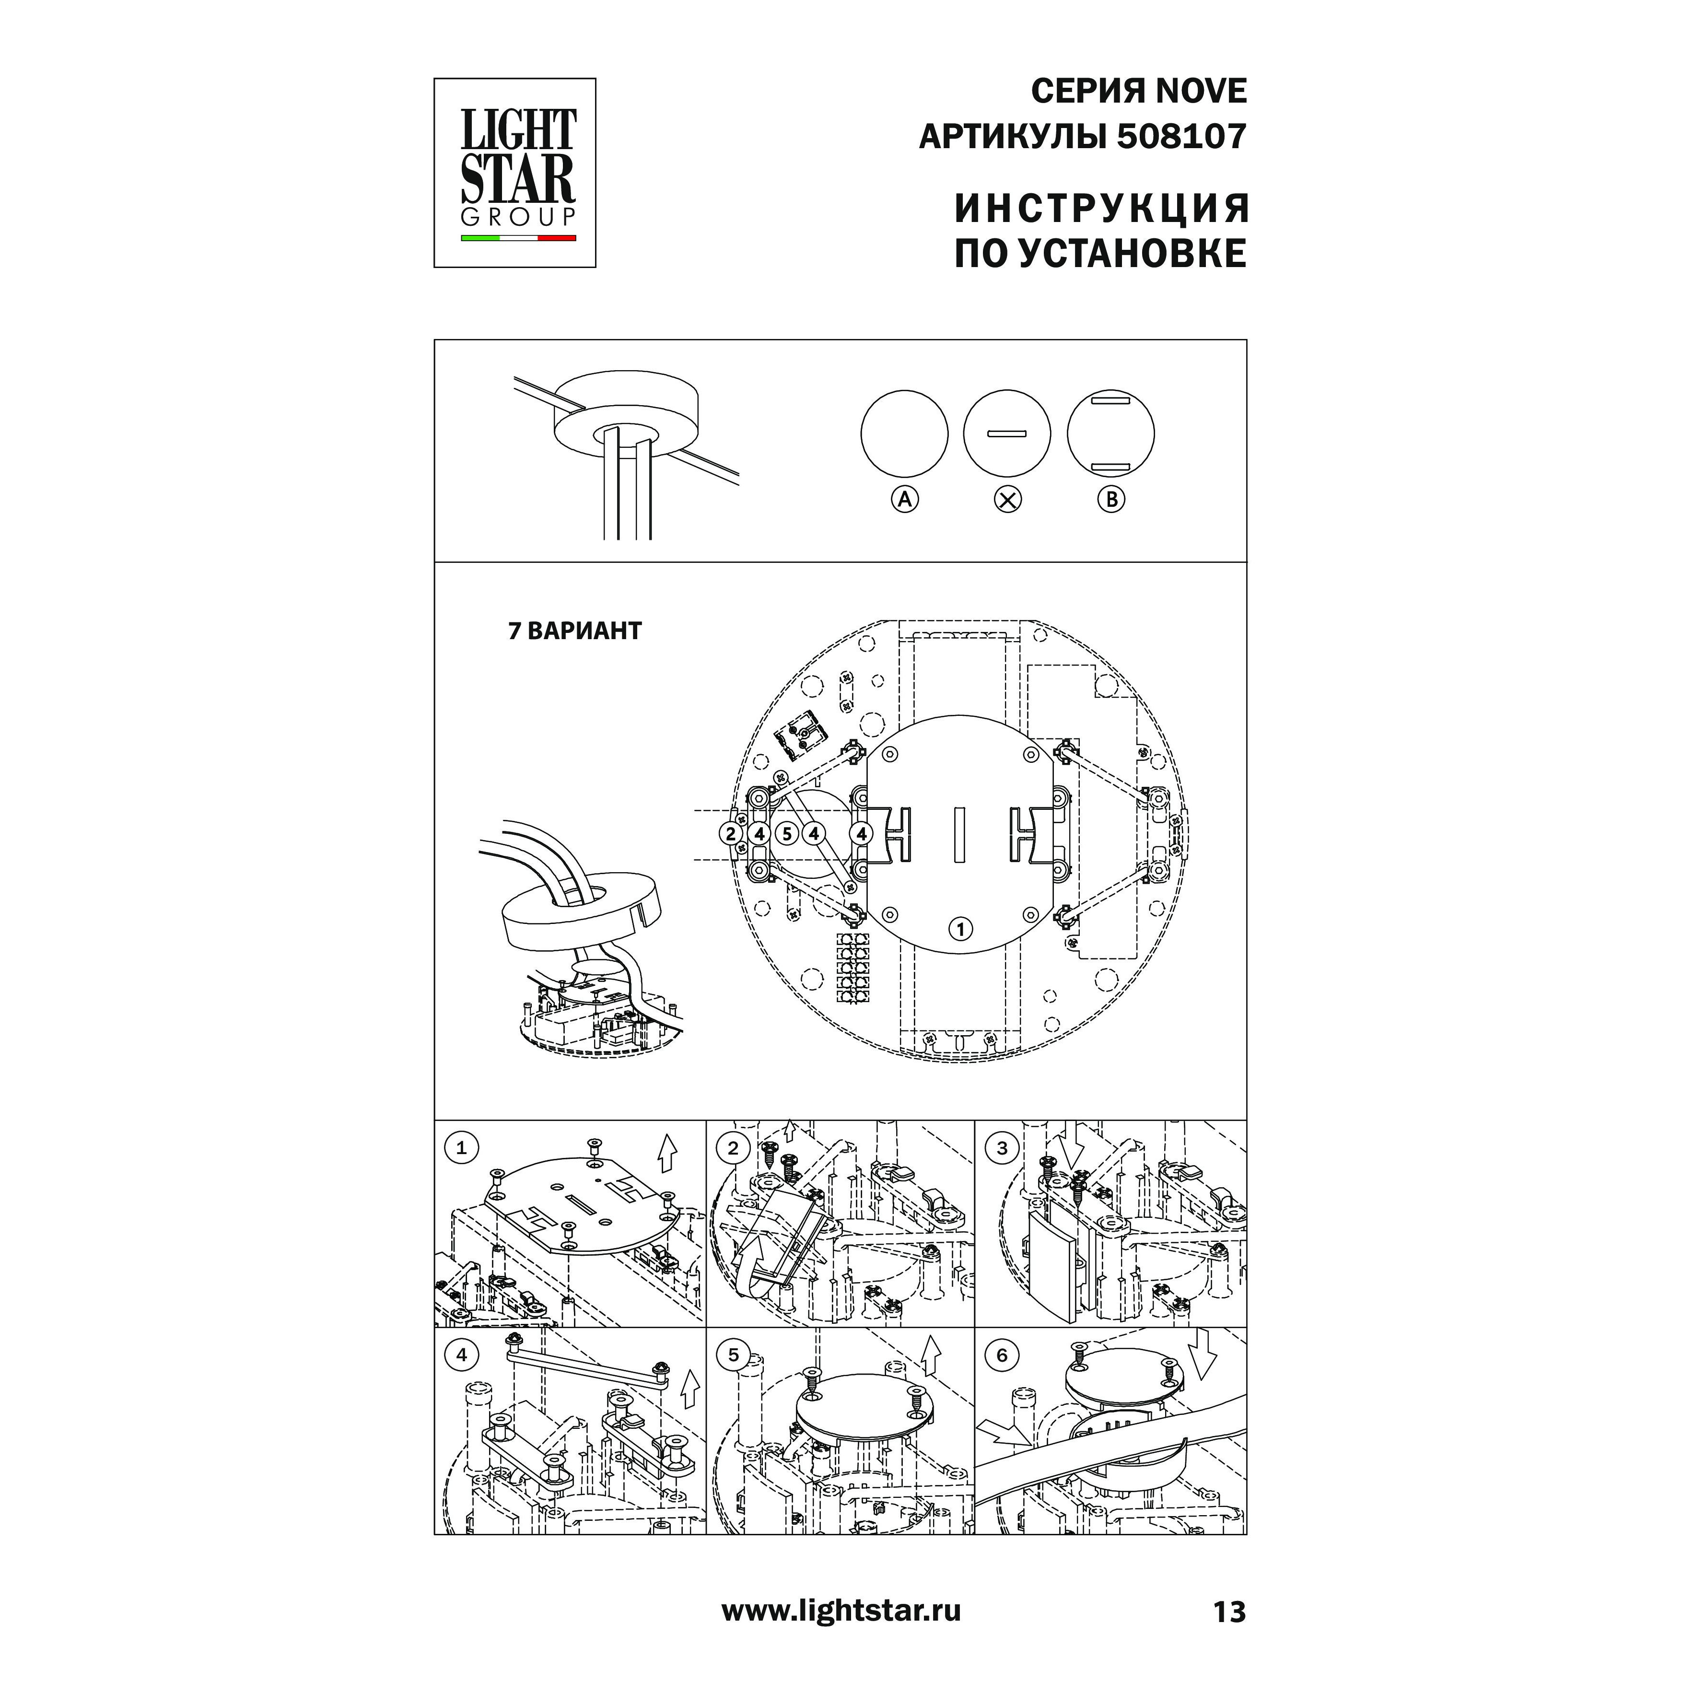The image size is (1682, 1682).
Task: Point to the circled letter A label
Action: click(905, 500)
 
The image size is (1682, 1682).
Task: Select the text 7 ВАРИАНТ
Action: click(574, 631)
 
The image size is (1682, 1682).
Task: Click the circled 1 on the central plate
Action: click(960, 929)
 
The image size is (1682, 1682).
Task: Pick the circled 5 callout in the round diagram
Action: click(787, 833)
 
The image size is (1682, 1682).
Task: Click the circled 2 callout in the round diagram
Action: click(731, 833)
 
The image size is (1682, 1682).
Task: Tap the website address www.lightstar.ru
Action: click(841, 1611)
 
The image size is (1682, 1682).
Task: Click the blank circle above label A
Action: click(905, 433)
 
